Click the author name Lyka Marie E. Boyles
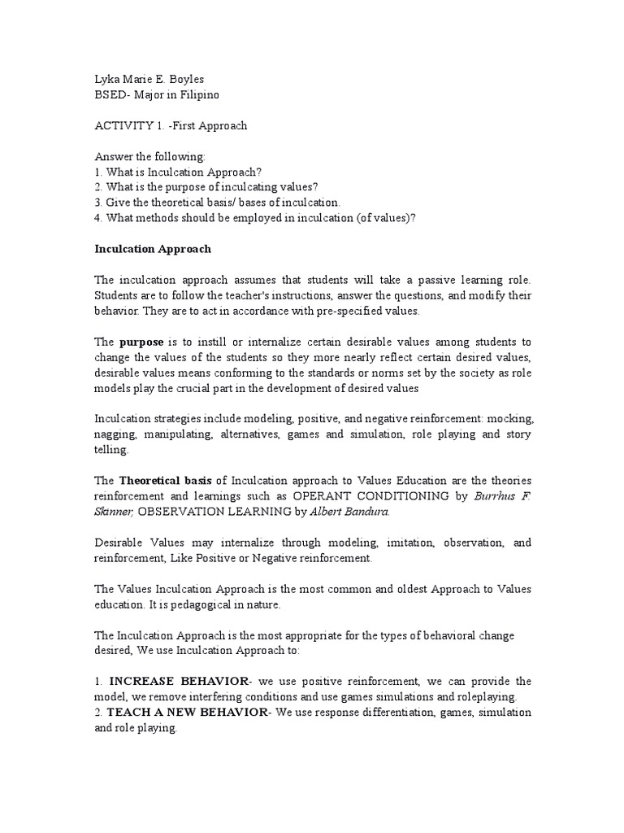150,81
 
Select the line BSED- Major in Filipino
157,95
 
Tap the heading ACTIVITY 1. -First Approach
171,126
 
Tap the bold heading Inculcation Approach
153,248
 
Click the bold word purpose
141,342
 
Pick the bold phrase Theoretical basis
167,480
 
